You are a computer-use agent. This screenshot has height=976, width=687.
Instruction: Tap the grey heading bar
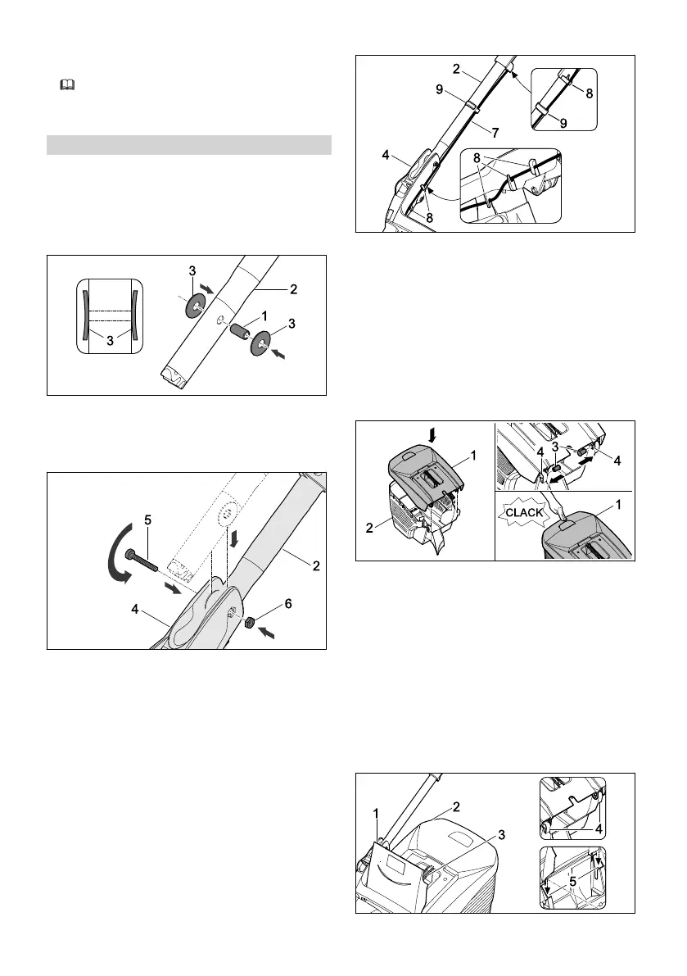tap(188, 145)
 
